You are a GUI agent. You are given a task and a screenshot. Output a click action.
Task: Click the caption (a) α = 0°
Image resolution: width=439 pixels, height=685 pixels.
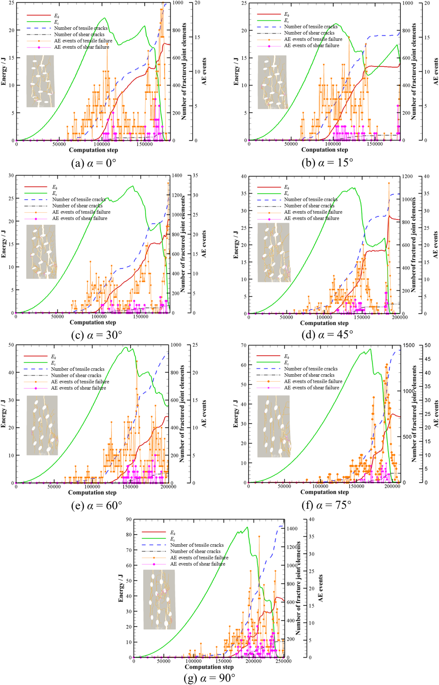94,163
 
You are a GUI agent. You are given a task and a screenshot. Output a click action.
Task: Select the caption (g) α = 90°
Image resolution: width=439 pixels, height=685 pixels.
209,678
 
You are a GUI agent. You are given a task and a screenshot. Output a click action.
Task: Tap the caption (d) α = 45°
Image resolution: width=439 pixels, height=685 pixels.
327,335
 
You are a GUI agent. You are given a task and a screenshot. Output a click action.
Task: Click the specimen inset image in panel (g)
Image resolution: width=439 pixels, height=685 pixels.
159,599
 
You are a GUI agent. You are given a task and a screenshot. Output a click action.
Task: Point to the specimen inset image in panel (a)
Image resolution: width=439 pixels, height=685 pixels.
40,81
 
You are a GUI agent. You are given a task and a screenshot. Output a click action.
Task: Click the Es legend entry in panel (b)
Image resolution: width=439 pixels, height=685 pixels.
286,21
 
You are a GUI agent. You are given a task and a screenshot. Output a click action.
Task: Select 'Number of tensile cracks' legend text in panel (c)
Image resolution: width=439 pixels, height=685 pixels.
79,199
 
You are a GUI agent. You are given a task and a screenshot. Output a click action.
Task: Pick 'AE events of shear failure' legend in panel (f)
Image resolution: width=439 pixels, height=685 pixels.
311,388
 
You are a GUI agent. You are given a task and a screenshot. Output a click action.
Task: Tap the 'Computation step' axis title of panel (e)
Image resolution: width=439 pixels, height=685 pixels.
92,493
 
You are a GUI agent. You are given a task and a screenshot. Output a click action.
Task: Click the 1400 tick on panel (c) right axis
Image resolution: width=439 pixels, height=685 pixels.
177,175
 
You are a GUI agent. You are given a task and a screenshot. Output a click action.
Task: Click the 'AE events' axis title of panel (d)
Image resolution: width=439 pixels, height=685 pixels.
435,245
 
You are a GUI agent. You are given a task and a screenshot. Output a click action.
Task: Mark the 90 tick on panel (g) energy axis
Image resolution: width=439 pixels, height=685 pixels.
129,519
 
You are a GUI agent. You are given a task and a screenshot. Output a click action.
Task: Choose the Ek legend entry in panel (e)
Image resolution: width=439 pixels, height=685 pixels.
54,357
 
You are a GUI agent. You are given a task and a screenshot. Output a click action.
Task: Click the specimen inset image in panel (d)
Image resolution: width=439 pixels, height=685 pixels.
274,252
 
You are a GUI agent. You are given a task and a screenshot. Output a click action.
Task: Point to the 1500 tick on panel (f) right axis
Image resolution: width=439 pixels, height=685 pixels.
409,345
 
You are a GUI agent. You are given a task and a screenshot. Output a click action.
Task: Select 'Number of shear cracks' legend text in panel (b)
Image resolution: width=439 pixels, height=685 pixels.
309,33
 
